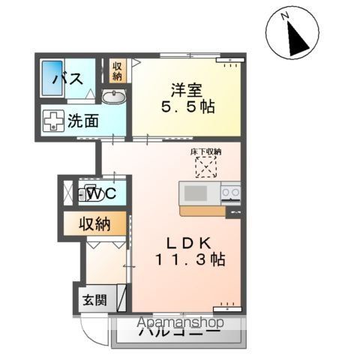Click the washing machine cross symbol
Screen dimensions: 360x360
click(x=54, y=120)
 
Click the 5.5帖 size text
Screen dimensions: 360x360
click(x=187, y=106)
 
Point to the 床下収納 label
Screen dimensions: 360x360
click(x=206, y=152)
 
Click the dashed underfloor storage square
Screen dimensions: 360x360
click(x=205, y=166)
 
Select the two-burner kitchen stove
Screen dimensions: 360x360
click(x=231, y=193)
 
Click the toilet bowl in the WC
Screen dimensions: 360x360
click(x=90, y=195)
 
